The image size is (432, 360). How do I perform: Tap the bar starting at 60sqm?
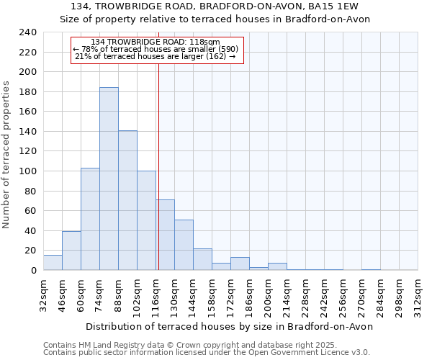coord(90,219)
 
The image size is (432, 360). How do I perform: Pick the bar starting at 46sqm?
coord(71,251)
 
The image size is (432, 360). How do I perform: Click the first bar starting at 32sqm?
coord(53,263)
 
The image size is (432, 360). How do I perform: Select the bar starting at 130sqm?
coord(184,245)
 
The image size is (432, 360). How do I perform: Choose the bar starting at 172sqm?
coord(240,264)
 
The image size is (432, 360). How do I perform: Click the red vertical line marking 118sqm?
coord(158,166)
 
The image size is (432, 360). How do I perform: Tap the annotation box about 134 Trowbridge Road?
coord(157,50)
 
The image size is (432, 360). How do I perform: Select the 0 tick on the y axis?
coord(34,271)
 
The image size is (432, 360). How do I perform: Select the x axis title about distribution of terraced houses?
coord(229,326)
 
